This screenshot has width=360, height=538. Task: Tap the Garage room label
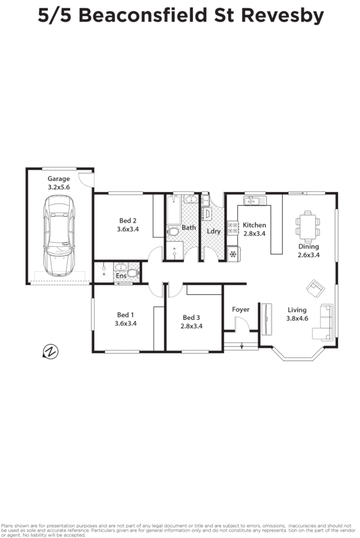pos(59,179)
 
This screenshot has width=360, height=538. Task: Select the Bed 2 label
pos(127,220)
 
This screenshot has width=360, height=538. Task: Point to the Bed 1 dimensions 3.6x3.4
pos(126,323)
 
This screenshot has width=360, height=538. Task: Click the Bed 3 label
pos(191,317)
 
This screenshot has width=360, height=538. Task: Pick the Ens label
pos(121,276)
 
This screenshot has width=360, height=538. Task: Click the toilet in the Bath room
pos(173,233)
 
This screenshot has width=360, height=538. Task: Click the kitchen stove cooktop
pos(232,228)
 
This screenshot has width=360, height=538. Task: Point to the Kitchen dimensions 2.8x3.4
pos(254,233)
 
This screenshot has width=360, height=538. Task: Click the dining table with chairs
pos(307,225)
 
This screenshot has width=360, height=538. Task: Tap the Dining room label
pos(309,247)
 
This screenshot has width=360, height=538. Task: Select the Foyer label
pos(241,309)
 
